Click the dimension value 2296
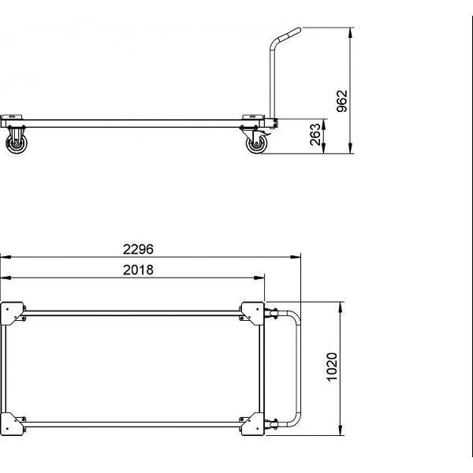[138, 248]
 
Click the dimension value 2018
[138, 270]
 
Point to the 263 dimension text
[315, 134]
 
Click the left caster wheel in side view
[17, 143]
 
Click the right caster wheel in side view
[255, 145]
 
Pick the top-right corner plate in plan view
[253, 312]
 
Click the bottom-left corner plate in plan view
[13, 423]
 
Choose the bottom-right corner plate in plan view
[253, 423]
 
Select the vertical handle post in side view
[269, 79]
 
